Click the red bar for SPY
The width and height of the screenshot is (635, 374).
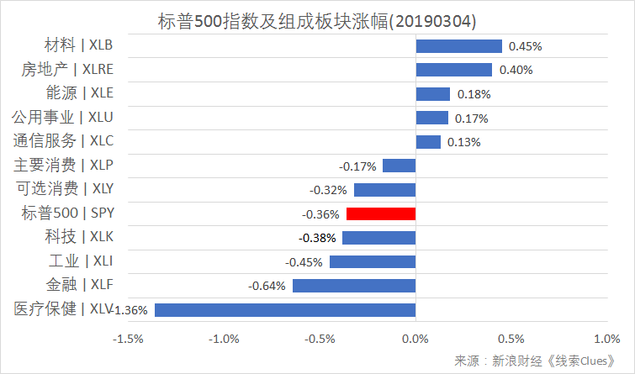380,213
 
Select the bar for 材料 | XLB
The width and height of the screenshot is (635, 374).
458,46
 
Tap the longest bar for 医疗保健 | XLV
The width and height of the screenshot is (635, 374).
285,310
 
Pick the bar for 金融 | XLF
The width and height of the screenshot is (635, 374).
354,286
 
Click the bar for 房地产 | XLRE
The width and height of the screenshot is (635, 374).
453,70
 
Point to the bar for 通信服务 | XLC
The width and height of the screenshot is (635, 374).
428,142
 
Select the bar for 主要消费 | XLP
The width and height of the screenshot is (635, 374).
399,166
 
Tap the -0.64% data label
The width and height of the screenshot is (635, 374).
266,287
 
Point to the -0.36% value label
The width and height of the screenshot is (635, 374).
320,214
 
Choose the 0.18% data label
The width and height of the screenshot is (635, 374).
474,94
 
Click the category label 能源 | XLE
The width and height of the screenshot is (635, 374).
79,93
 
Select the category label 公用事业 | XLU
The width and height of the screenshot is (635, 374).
62,117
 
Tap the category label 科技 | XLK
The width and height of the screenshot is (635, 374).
80,237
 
